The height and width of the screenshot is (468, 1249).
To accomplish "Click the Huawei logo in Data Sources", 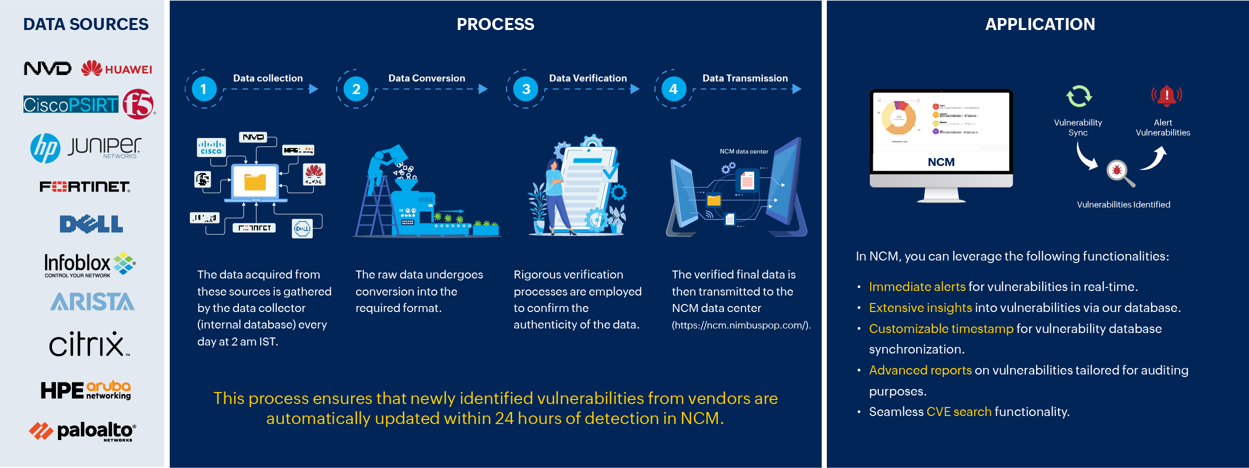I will click(x=116, y=68).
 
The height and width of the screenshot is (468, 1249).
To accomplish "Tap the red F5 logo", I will click(x=138, y=104).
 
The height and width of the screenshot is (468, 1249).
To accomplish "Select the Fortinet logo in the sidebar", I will click(x=85, y=186).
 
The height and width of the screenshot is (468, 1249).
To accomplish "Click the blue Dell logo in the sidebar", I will click(x=91, y=224).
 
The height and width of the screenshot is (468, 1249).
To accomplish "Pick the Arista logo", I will click(x=92, y=302).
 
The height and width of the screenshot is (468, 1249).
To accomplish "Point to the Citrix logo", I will click(x=88, y=344).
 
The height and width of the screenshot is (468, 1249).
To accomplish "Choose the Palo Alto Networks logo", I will click(x=83, y=431).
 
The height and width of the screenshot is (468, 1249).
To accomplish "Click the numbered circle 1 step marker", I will click(x=204, y=89).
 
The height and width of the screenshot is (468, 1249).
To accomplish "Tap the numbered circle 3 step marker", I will click(x=526, y=89).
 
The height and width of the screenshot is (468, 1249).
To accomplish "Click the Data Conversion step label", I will click(x=427, y=78).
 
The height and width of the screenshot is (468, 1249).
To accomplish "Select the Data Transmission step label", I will click(x=745, y=78).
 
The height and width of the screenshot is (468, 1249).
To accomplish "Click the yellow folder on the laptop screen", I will click(x=255, y=182).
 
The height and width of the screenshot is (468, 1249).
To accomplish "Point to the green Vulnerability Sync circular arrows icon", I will click(x=1079, y=96).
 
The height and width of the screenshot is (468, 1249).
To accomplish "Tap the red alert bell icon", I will click(x=1167, y=95).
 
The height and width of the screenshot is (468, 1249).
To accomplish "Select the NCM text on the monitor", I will click(x=941, y=162).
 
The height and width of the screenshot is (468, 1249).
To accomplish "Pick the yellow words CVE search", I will click(x=959, y=411).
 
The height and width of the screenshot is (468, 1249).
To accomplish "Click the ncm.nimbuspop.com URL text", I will click(x=740, y=325).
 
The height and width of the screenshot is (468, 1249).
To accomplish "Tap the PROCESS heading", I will click(x=495, y=24).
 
